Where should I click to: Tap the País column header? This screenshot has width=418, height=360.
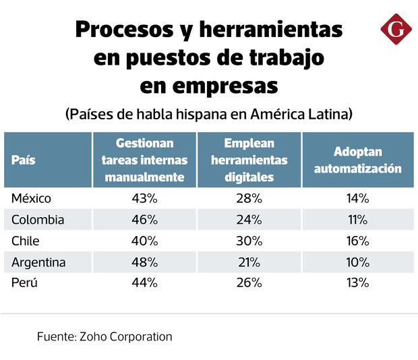pos(24,160)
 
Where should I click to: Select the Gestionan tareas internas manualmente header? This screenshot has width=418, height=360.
pos(144,160)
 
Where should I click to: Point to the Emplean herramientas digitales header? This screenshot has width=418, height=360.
pos(249,160)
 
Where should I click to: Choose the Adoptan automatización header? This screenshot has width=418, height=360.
pos(358,160)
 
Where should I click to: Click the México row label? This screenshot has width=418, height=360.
pos(32,198)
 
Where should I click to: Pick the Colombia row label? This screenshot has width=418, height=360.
pos(38,220)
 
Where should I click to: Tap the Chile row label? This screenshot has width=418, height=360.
pos(26,241)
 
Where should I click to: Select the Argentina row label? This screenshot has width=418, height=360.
pos(38,262)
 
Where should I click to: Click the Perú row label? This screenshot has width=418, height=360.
pos(24,283)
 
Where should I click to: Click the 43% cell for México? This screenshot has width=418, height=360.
pos(144,198)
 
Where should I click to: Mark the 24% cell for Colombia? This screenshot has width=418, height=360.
pos(249,220)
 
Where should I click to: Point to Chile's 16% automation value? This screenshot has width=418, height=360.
pos(358,241)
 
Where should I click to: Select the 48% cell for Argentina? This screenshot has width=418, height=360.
pos(144,262)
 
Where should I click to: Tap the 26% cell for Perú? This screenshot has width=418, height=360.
pos(249,283)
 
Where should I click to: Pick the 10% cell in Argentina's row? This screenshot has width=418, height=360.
pos(358,262)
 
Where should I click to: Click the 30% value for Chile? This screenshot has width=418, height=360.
pos(249,241)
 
